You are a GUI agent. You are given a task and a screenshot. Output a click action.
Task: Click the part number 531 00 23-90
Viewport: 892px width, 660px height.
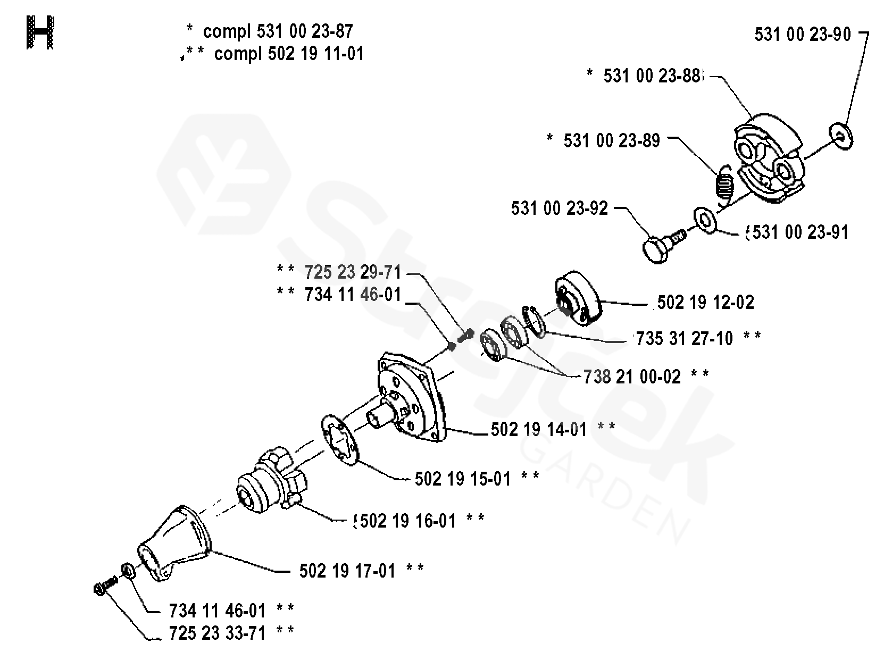803,35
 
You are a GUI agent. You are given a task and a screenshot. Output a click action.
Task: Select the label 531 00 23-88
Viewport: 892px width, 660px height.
652,76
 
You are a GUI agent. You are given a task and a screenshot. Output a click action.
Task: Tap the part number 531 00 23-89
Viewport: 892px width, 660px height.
612,141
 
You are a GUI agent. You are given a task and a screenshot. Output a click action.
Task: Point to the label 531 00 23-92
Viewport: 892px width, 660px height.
559,208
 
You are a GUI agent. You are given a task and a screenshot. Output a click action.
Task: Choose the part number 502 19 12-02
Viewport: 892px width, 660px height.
705,303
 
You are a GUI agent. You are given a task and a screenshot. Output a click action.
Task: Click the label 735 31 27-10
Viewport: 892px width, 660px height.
685,338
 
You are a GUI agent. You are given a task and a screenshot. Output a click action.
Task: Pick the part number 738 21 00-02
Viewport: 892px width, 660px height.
632,377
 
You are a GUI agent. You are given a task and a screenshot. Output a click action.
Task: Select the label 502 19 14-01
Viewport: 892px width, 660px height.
539,429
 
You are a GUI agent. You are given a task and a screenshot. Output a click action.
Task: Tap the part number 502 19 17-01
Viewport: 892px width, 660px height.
347,571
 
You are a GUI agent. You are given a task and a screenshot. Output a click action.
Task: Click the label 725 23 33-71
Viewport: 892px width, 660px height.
217,633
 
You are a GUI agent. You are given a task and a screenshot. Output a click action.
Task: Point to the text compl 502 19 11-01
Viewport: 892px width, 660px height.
289,54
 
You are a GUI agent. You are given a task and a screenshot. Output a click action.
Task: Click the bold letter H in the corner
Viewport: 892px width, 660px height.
40,32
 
